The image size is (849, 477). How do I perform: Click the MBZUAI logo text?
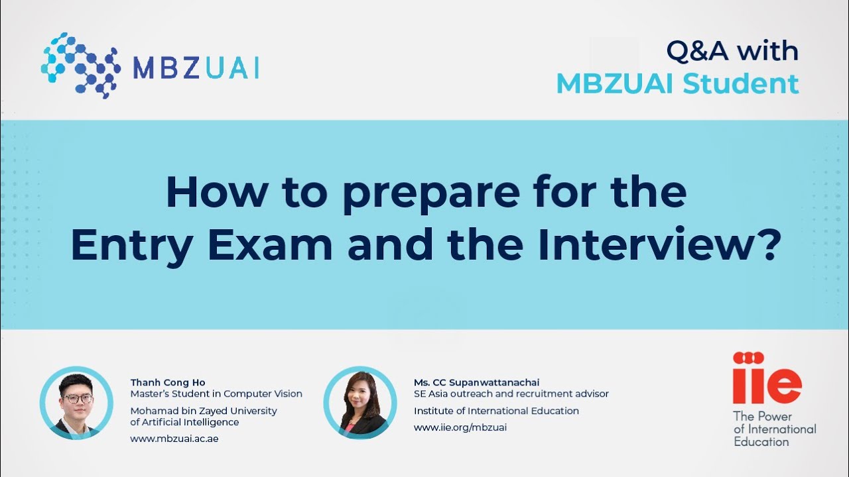196,68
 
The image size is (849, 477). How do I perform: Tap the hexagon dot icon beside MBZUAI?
80,65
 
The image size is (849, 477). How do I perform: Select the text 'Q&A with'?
732,51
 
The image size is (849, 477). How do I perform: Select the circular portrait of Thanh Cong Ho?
76,403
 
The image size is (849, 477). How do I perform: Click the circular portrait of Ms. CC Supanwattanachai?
359,403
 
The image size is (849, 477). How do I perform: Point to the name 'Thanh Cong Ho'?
168,382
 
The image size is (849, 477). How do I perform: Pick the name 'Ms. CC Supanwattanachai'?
476,382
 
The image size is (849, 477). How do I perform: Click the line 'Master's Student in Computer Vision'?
216,394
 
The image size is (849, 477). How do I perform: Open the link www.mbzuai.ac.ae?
174,439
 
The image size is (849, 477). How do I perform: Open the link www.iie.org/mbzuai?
460,427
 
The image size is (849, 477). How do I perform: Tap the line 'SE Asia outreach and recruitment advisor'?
511,394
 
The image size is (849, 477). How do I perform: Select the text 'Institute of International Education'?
496,411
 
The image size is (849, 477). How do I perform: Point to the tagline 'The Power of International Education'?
774,429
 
